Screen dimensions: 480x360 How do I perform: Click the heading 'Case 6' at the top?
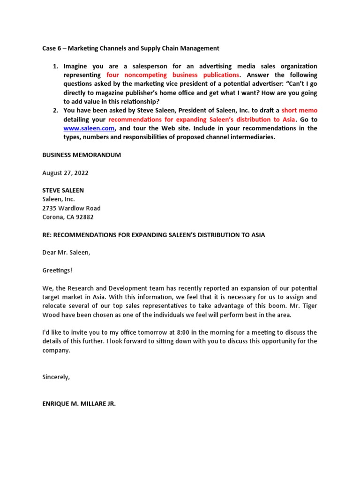point(52,48)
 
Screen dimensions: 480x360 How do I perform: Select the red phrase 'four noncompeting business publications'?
point(172,75)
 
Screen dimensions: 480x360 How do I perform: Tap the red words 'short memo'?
point(299,110)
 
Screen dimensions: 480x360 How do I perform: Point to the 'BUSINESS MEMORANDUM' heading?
point(82,155)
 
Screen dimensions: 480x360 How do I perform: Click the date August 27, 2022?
point(65,173)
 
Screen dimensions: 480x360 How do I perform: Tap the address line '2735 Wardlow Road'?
point(71,208)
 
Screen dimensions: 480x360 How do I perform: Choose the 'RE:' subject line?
point(153,235)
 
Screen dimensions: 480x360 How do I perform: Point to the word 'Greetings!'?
point(58,270)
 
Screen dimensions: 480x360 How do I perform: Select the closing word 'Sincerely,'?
point(56,377)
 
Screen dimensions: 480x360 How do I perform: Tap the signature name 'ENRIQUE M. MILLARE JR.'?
point(79,403)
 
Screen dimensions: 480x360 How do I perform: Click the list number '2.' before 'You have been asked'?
point(55,110)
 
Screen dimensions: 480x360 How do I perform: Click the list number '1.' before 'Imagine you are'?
point(55,66)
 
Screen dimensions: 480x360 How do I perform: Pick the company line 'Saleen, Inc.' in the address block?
point(59,199)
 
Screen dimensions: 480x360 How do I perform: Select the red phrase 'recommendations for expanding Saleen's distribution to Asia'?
point(202,119)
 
